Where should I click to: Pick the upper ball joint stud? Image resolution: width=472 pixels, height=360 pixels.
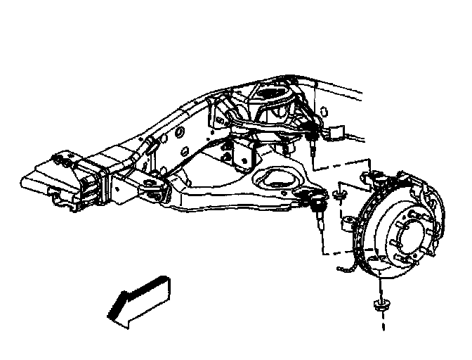click(x=310, y=144)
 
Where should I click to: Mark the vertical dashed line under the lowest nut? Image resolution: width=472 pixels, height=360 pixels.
click(x=383, y=323)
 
